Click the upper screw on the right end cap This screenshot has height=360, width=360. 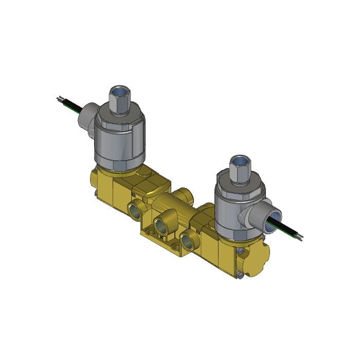click(x=241, y=250)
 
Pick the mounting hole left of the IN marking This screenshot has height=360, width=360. click(x=150, y=232)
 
